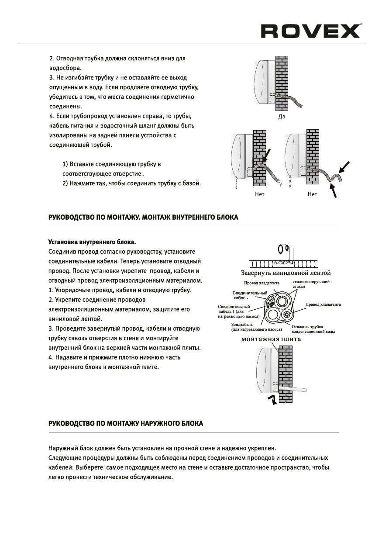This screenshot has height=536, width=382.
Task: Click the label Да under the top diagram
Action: coord(282,117)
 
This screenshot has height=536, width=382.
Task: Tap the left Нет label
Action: coord(260,194)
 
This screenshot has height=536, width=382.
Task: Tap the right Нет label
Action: coord(312,194)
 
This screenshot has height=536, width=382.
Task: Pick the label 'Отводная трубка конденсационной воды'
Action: coord(313,329)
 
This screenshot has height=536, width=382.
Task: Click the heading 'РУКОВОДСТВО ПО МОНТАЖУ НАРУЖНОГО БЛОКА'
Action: coord(125,424)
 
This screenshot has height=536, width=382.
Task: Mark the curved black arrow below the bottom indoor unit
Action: coord(273,400)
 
